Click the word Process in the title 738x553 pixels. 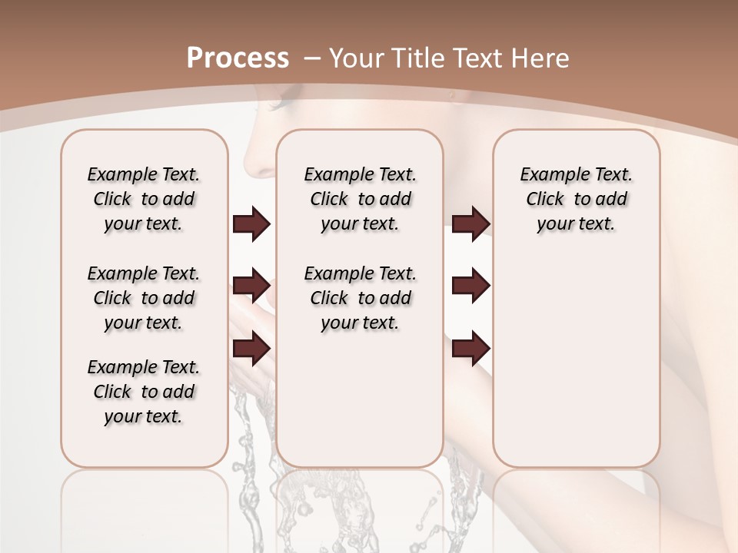pyautogui.click(x=238, y=58)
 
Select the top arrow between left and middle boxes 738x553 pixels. pyautogui.click(x=251, y=224)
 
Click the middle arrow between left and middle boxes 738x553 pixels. pyautogui.click(x=251, y=286)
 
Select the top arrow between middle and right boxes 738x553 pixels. pyautogui.click(x=470, y=224)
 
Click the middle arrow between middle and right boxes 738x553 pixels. pyautogui.click(x=470, y=286)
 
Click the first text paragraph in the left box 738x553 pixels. pyautogui.click(x=144, y=199)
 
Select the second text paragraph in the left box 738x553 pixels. pyautogui.click(x=144, y=298)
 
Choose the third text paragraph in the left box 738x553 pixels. pyautogui.click(x=144, y=392)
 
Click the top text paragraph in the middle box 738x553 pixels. pyautogui.click(x=360, y=199)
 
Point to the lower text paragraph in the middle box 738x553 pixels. pyautogui.click(x=360, y=298)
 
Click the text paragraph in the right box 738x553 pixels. pyautogui.click(x=577, y=199)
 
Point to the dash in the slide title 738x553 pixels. pyautogui.click(x=313, y=58)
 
